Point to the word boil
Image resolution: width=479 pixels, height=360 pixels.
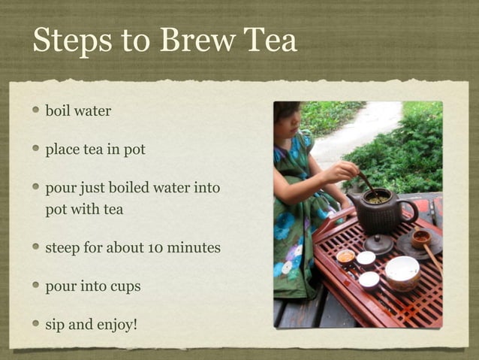pos(58,110)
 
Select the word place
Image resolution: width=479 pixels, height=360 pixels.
pos(62,150)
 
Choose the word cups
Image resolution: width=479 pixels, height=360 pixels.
pos(125,287)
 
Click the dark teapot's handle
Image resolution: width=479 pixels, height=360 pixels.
pos(410,212)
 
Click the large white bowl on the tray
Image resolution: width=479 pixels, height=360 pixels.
pos(403,271)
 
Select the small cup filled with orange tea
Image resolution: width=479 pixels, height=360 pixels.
pos(346,257)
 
